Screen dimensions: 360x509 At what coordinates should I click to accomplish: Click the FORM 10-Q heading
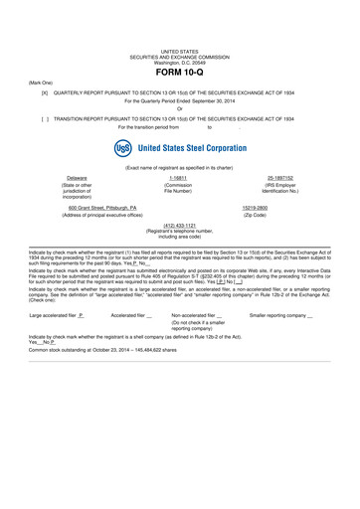pyautogui.click(x=179, y=75)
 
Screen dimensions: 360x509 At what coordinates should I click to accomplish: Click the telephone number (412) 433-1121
pyautogui.click(x=179, y=225)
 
